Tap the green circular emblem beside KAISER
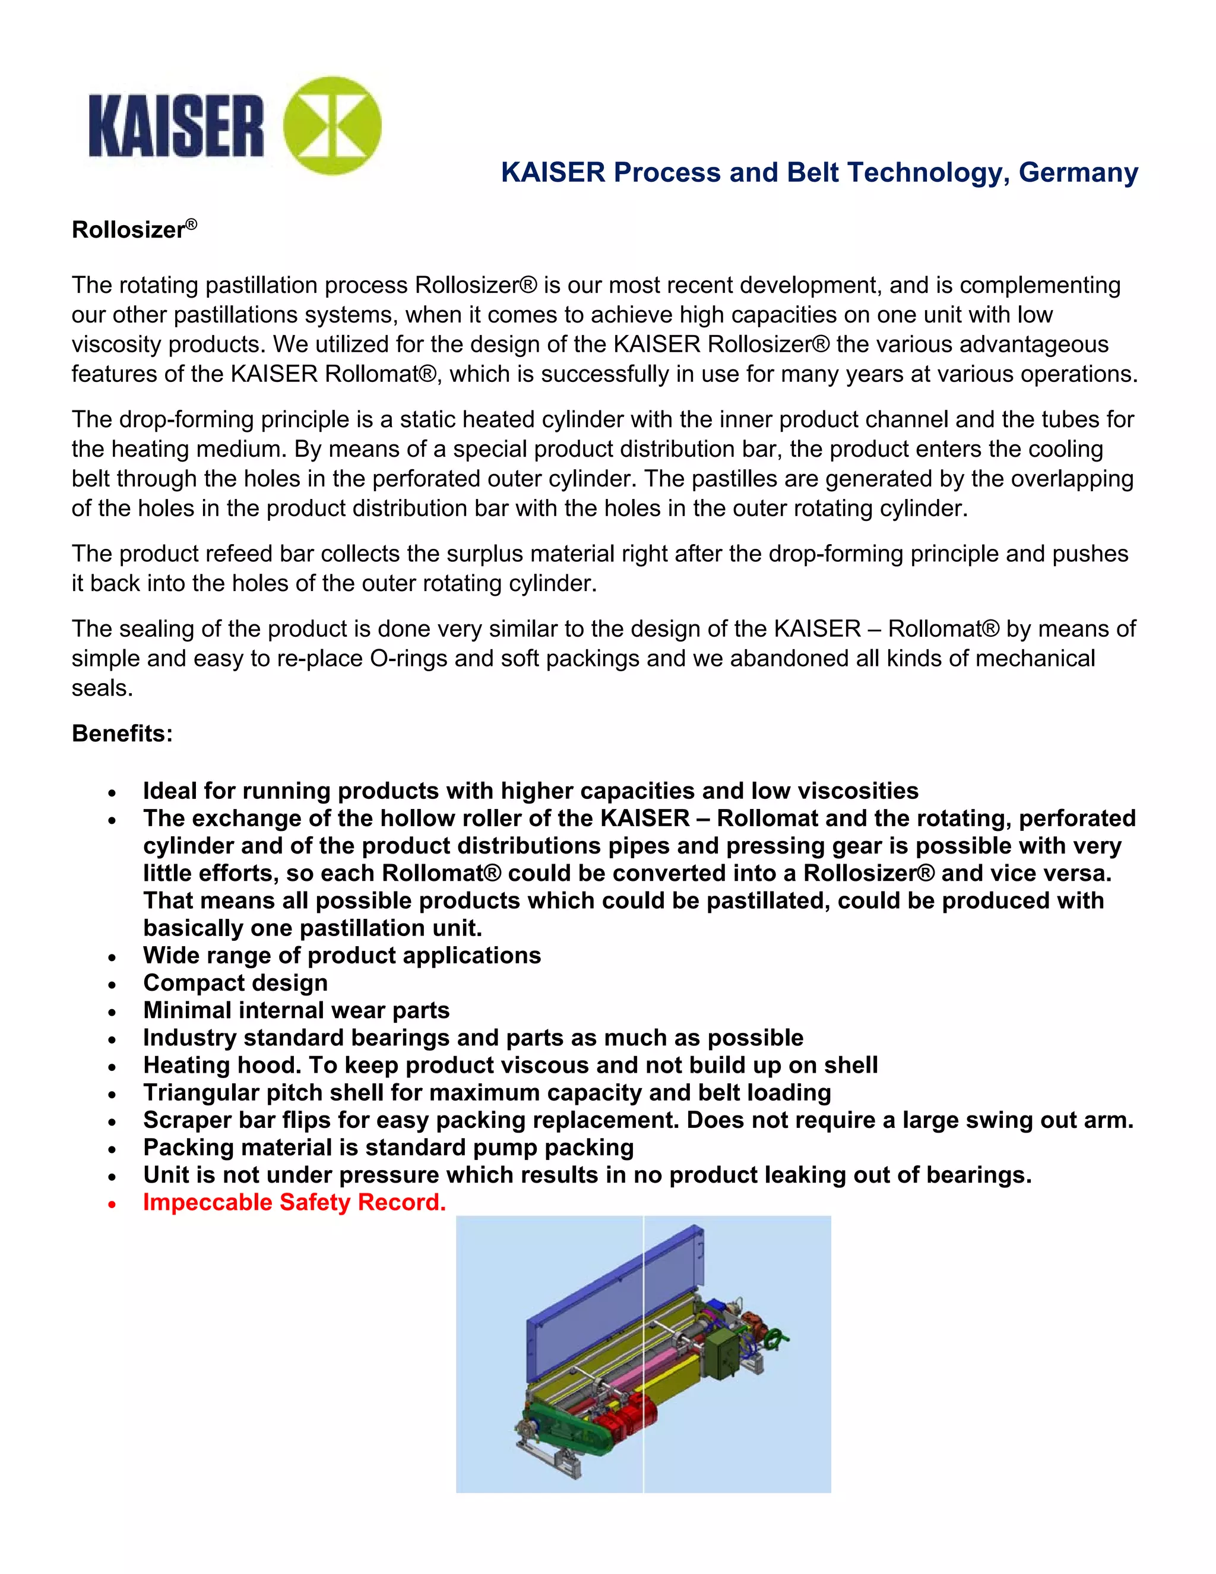[x=332, y=125]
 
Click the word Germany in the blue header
[x=1078, y=172]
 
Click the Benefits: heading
[x=122, y=733]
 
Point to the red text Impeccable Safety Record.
[x=294, y=1202]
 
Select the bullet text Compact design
[x=235, y=982]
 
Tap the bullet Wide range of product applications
[x=341, y=955]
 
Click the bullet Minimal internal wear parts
[x=296, y=1010]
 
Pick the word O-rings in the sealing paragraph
[x=408, y=658]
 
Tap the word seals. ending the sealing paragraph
[x=102, y=688]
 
